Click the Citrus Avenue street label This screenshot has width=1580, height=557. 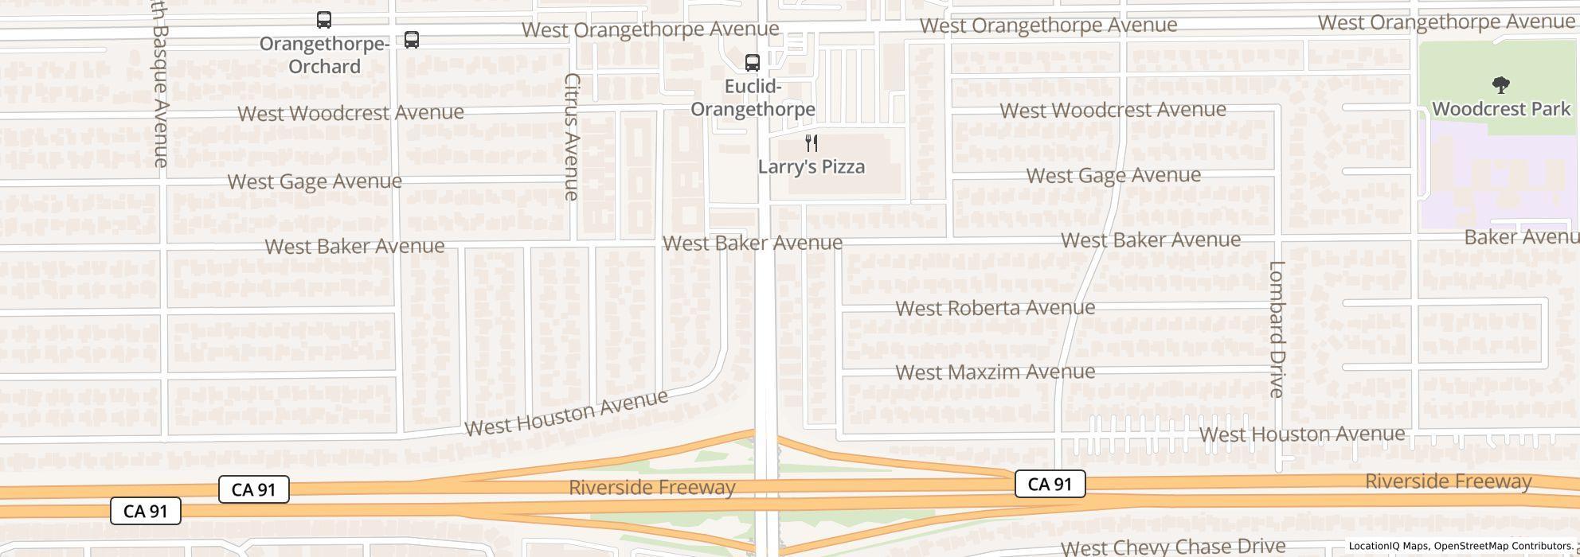571,136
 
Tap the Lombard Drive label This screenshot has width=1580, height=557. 1277,329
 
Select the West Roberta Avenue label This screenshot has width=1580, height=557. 995,308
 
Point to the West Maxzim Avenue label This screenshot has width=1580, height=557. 995,372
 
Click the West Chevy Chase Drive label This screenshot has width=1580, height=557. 1172,547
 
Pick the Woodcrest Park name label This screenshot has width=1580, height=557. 1500,109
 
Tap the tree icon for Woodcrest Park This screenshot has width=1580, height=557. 1500,85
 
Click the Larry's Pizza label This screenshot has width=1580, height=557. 811,167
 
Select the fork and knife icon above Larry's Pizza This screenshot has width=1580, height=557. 812,143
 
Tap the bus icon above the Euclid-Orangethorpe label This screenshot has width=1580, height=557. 752,62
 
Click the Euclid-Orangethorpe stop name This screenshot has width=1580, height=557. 753,98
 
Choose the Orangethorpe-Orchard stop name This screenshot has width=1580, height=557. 324,55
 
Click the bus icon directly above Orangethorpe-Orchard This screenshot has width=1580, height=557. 324,20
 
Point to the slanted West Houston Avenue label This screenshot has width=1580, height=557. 566,413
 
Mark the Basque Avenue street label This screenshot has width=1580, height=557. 160,88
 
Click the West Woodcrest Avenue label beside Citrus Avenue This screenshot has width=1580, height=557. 350,113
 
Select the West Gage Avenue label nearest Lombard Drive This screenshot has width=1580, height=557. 1113,176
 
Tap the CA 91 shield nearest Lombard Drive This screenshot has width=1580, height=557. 1050,484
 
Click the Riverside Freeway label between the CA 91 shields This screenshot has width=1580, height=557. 651,487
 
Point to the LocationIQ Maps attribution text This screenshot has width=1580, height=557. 1389,546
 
